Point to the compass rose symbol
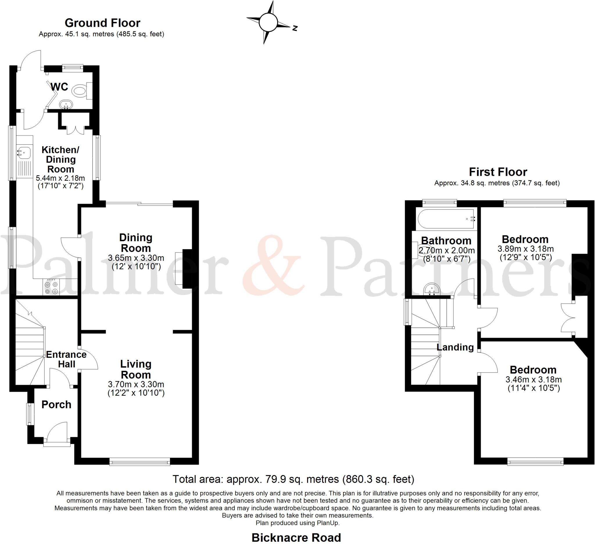(x=268, y=22)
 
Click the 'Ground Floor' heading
(x=103, y=23)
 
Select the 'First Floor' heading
(x=498, y=172)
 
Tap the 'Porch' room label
(x=56, y=405)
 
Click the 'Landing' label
(x=455, y=347)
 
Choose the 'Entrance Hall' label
(x=67, y=359)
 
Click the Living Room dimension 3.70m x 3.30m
(x=136, y=384)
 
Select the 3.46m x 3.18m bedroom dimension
(x=533, y=380)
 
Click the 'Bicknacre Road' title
(x=296, y=538)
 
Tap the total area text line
(x=293, y=479)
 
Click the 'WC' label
(x=59, y=87)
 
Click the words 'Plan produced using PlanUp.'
(x=297, y=523)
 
